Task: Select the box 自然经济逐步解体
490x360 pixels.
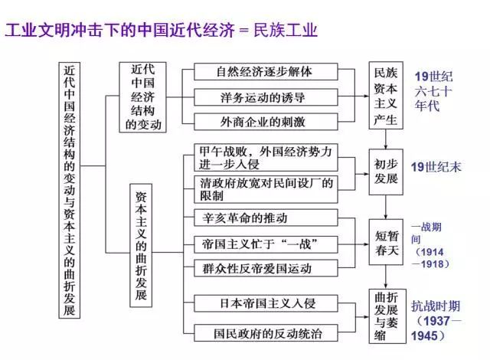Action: point(264,72)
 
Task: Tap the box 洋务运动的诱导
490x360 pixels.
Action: point(264,97)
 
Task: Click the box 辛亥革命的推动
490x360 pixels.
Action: point(264,218)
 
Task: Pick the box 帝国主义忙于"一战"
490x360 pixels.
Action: point(264,244)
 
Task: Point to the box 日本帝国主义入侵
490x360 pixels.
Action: point(264,306)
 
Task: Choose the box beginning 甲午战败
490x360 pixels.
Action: point(264,158)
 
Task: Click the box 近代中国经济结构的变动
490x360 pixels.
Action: point(142,96)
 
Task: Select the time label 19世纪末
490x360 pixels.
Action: point(436,167)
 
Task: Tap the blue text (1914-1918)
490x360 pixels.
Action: point(430,257)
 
